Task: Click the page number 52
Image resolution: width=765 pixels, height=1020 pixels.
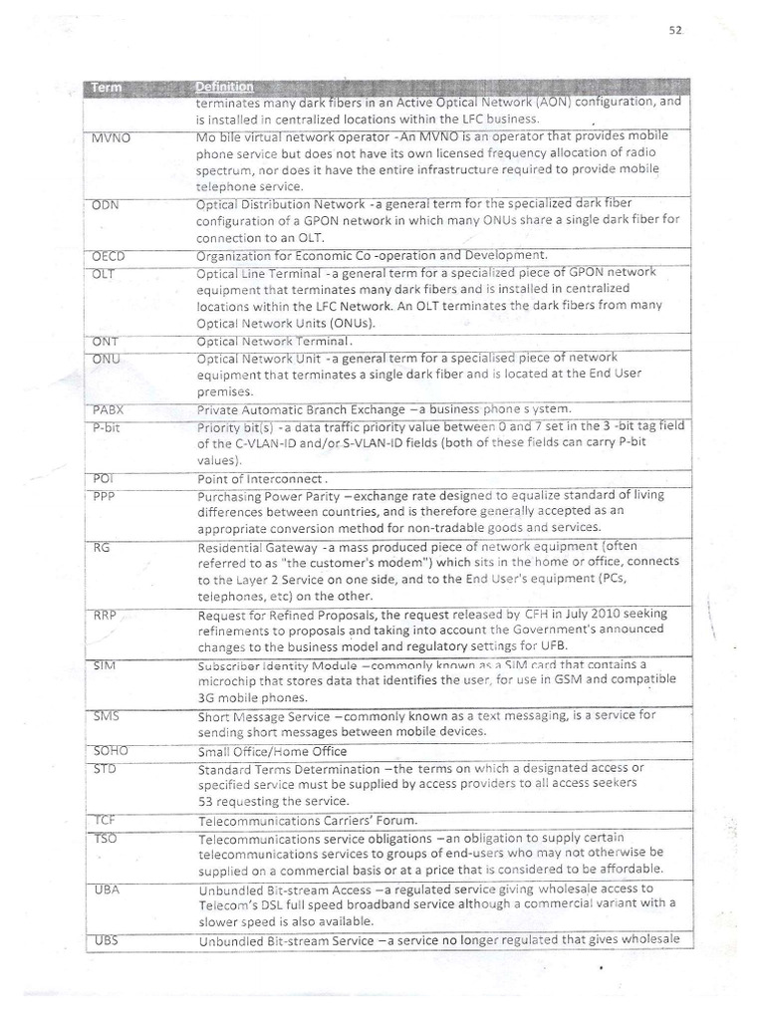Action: tap(674, 30)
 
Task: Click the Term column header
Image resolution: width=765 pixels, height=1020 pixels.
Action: tap(108, 88)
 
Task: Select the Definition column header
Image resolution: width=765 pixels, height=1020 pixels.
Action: tap(225, 87)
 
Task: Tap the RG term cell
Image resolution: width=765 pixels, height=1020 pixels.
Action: tap(101, 547)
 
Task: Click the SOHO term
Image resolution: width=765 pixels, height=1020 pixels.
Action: tap(109, 750)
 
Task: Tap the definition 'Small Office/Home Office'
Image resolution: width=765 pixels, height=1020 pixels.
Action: tap(271, 752)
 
